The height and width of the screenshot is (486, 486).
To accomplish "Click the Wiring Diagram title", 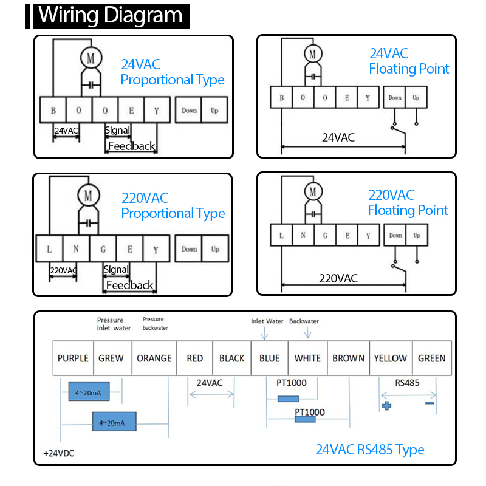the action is pos(112,16).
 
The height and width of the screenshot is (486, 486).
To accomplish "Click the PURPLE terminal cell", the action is pos(73,358).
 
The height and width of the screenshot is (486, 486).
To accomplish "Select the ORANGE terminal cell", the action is pos(154,358).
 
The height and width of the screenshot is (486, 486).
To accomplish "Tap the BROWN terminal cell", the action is pos(348,358).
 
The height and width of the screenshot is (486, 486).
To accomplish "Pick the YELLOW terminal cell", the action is pos(391,358).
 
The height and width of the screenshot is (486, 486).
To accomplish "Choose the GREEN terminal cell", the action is pos(432,358).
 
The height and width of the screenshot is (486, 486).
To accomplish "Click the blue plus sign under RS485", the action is pos(386,405).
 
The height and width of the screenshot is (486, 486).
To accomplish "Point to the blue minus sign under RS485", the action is pos(430,403).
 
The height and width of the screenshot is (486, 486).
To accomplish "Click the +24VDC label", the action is pos(59,453).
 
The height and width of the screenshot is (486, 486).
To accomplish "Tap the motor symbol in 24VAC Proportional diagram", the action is pos(91,58).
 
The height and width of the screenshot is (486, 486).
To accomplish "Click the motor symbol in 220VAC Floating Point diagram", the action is pos(313,192).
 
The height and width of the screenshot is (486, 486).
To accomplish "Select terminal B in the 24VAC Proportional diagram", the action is pos(53,110).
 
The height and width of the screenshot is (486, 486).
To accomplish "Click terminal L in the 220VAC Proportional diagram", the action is pos(50,248).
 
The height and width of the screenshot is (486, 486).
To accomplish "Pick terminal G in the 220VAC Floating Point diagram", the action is pos(325,236).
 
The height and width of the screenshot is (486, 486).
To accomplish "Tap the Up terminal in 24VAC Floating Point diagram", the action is pos(416,97).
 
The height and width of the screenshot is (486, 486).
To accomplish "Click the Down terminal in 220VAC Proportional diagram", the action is pos(189,249).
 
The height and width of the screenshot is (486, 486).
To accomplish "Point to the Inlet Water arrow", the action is pos(264,334).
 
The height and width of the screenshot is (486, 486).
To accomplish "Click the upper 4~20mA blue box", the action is pos(89,391).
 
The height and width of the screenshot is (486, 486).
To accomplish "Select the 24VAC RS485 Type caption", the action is pos(370,450).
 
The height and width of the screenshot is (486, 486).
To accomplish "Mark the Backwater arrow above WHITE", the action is pos(307,332).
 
